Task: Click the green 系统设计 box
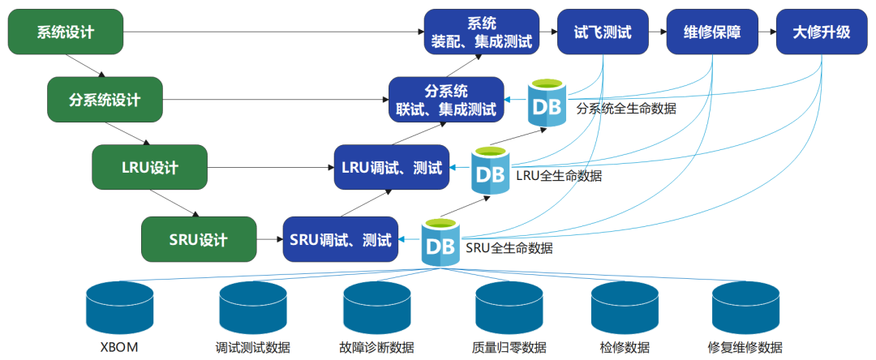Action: pyautogui.click(x=66, y=32)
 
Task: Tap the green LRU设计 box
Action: pyautogui.click(x=150, y=168)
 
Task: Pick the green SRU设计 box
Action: pyautogui.click(x=199, y=240)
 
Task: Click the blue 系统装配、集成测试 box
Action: pyautogui.click(x=482, y=32)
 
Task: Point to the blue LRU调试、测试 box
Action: pyautogui.click(x=391, y=168)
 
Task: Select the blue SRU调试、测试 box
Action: pyautogui.click(x=341, y=240)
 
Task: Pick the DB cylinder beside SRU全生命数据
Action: pyautogui.click(x=440, y=241)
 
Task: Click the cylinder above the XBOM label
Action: pyautogui.click(x=119, y=308)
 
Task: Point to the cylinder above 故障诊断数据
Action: pyautogui.click(x=377, y=308)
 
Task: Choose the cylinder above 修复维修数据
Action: pyautogui.click(x=745, y=308)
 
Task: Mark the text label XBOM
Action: pyautogui.click(x=118, y=348)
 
